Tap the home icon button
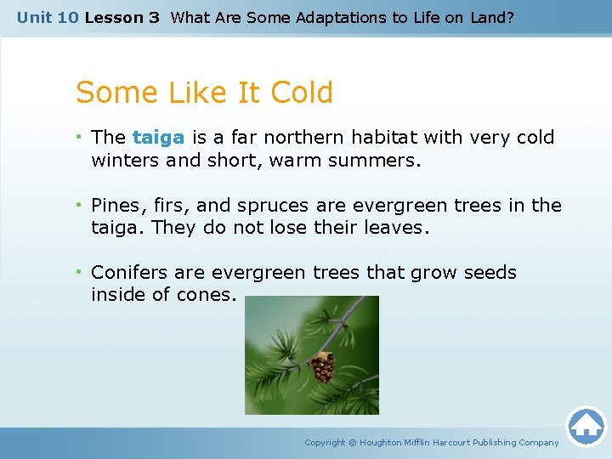[586, 426]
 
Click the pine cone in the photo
[322, 367]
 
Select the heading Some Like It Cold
[204, 93]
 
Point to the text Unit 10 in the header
[48, 17]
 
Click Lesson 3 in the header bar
[122, 17]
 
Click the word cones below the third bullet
[209, 295]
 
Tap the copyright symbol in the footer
[353, 442]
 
